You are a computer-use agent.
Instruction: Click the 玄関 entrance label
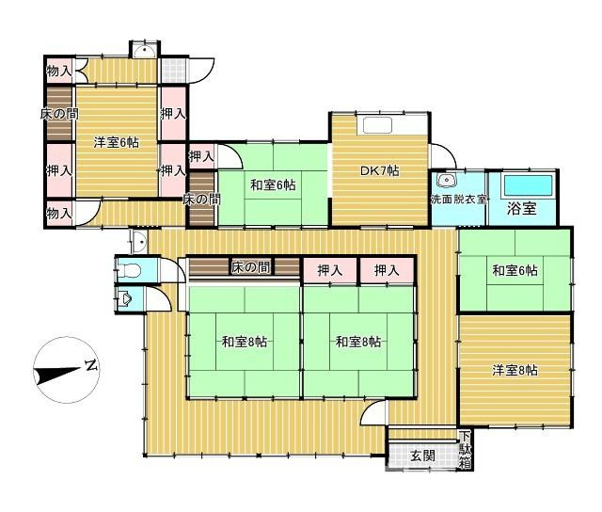[422, 456]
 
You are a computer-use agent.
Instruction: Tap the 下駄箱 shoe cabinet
[466, 450]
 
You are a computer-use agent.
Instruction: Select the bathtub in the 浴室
[529, 186]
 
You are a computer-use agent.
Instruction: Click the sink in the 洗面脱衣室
[446, 180]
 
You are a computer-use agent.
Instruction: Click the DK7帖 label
[379, 170]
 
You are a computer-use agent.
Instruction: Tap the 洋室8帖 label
[515, 370]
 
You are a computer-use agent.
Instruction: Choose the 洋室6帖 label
[117, 142]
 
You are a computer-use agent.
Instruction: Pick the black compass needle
[57, 375]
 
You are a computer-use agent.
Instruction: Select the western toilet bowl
[129, 271]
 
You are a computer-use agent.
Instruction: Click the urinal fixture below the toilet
[124, 299]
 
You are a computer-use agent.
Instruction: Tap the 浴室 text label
[522, 209]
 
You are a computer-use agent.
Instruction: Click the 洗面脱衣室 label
[458, 199]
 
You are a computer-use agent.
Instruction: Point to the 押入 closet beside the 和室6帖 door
[201, 156]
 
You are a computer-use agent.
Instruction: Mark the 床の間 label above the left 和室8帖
[251, 267]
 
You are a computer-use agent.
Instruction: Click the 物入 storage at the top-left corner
[59, 71]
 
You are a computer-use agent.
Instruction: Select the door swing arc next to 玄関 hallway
[372, 411]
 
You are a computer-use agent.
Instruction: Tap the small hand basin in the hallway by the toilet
[139, 242]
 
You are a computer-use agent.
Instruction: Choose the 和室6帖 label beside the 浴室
[515, 270]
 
